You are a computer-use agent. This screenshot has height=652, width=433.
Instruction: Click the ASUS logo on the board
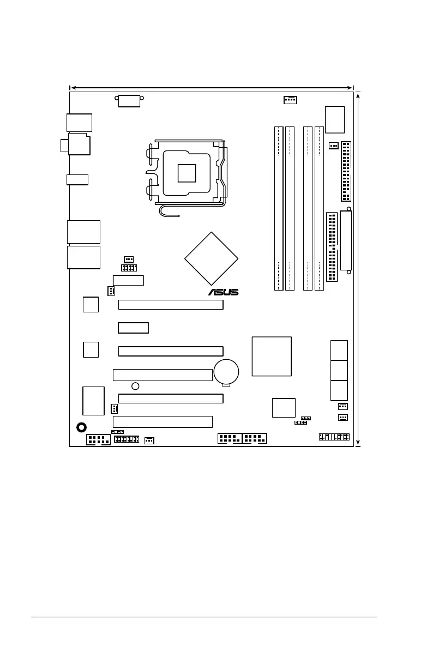(223, 292)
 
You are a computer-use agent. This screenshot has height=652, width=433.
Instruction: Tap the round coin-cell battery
(227, 372)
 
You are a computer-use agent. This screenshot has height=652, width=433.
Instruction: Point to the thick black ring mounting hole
(82, 427)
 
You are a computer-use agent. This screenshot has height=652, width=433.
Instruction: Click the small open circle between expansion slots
(135, 386)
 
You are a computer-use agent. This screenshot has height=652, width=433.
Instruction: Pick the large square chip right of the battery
(272, 356)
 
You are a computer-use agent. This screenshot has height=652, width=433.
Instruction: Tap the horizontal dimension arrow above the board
(212, 87)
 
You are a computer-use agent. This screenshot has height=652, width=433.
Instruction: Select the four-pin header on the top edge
(290, 100)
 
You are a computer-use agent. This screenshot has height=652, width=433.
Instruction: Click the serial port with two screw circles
(129, 100)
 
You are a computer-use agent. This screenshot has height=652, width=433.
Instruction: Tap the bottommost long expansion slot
(163, 421)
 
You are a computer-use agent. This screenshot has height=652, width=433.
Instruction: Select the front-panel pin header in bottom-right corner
(334, 437)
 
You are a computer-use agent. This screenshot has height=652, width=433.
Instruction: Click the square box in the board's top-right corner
(334, 119)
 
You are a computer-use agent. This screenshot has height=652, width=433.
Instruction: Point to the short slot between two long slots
(134, 328)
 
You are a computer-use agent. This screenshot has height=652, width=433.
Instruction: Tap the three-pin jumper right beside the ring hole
(117, 431)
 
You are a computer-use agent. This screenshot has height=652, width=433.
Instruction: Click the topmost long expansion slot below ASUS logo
(171, 304)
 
